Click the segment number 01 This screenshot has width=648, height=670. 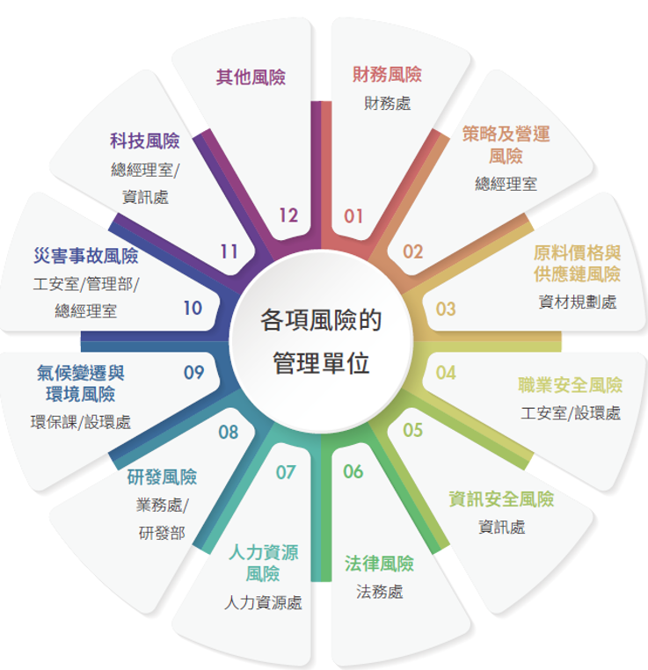point(353,216)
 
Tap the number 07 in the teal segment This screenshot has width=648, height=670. point(286,472)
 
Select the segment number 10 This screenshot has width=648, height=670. point(193,308)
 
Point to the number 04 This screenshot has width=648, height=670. point(446,373)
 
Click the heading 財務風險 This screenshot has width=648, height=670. point(387,75)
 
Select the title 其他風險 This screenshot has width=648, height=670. point(251,77)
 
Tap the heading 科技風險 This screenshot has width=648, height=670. point(145,141)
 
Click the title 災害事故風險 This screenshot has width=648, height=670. point(86,256)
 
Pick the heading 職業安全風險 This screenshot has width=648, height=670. point(571,385)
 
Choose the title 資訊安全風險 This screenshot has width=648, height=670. point(501,499)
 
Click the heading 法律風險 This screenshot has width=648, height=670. point(379,564)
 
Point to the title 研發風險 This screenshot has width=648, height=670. point(162,477)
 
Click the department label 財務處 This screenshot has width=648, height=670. point(387,104)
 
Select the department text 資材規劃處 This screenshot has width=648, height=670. point(578,302)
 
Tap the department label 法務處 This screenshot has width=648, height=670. point(379,592)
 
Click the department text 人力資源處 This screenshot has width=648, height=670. point(263,602)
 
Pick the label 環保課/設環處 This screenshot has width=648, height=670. point(81,422)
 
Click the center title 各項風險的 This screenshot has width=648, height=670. point(321,320)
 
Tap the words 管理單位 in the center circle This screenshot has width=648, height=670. point(321,363)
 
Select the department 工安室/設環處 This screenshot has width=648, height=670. point(571,413)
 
